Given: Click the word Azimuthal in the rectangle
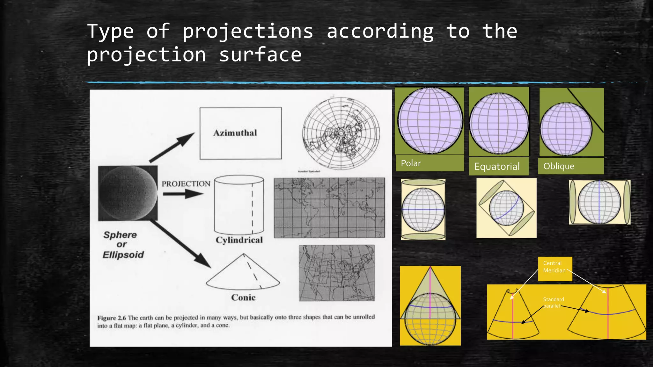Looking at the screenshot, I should pos(235,133).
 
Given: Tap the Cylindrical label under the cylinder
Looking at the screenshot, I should pos(239,240).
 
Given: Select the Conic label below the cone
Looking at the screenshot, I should pos(243,297).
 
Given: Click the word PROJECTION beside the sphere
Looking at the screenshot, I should pos(186,184).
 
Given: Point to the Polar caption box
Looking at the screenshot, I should pos(429,163).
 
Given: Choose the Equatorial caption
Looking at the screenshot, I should pos(498,166).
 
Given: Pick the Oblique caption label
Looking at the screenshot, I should pos(571,166).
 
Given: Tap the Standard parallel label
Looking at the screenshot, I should pos(554,302).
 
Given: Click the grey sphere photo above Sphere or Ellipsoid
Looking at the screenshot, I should pos(128,193).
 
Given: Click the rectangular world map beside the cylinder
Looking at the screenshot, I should pos(329,208).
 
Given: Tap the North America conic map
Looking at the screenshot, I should pos(336,273).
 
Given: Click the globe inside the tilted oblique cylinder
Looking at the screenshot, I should pos(506,208).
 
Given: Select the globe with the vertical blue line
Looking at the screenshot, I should pos(599,202).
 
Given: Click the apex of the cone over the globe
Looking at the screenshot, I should pos(430,268).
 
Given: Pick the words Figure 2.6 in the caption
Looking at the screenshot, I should pos(112,318).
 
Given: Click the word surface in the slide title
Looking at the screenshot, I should pos(260,55).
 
